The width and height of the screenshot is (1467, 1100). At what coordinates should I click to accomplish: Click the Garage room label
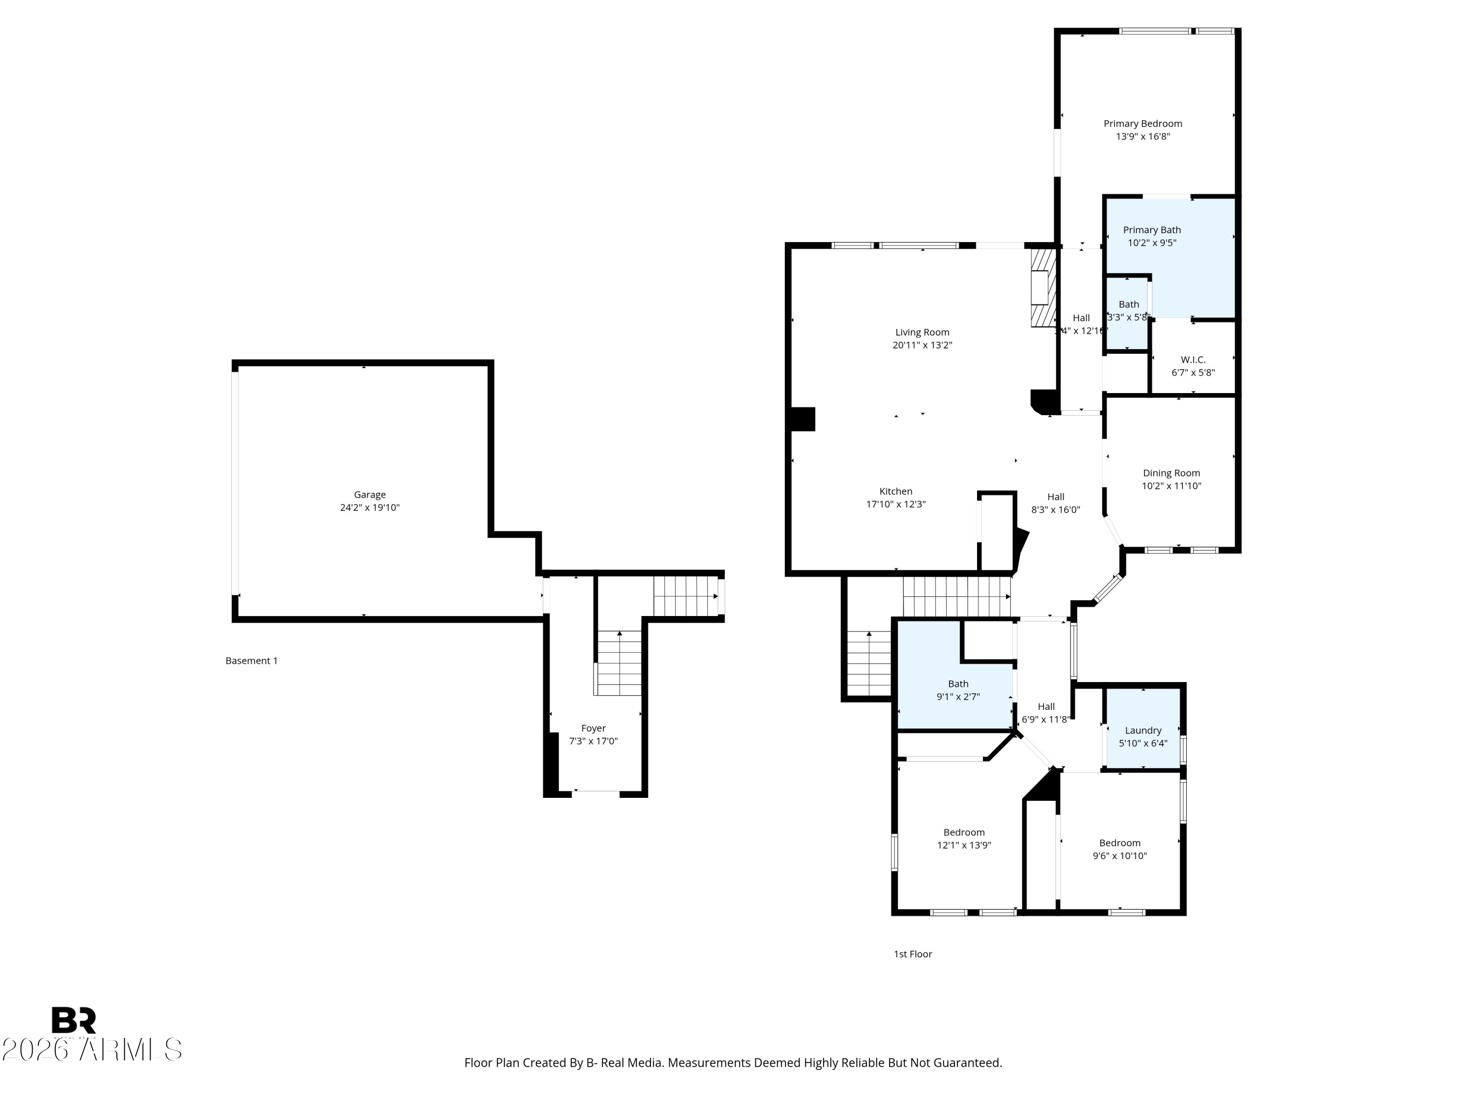tap(369, 495)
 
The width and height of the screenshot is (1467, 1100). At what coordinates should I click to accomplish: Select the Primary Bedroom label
tap(1142, 123)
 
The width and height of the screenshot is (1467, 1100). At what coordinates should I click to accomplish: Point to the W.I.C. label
tap(1193, 359)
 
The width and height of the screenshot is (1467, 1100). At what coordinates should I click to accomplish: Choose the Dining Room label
tap(1171, 473)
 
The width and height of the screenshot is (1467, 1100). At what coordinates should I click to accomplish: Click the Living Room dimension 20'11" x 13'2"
tap(922, 345)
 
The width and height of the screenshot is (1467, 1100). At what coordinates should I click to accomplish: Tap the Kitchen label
tap(895, 491)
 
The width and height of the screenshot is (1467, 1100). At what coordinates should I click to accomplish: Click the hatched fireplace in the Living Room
tap(1043, 288)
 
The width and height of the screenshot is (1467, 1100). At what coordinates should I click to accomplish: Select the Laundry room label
tap(1143, 730)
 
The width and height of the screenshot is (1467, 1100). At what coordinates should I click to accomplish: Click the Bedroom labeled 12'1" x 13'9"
tap(964, 832)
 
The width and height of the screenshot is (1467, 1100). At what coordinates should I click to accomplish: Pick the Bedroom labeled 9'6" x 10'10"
tap(1119, 843)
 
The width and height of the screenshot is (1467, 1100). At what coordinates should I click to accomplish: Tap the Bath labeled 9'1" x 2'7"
tap(957, 683)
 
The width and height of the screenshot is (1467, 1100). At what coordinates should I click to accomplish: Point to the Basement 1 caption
tap(251, 660)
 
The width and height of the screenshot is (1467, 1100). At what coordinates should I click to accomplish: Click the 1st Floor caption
tap(912, 953)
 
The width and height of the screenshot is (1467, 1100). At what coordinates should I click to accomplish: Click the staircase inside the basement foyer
tap(619, 663)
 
